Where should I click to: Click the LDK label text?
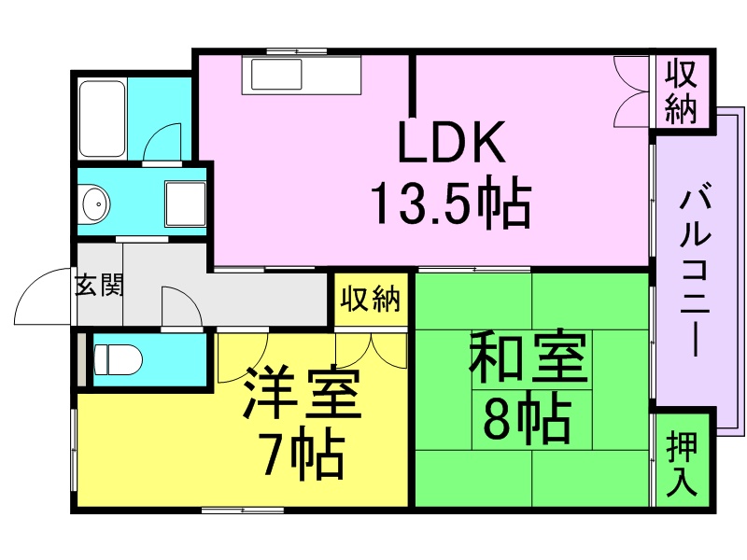[x=451, y=142]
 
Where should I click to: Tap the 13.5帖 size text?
[x=451, y=203]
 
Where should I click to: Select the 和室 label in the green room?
[x=529, y=357]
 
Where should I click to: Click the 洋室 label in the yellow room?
[x=302, y=392]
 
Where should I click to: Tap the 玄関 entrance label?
[x=99, y=286]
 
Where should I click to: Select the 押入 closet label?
[x=683, y=464]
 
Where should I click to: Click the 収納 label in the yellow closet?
[x=370, y=299]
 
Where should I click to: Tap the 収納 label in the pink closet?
[x=681, y=92]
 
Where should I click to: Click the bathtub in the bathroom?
[x=102, y=119]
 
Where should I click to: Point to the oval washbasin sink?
[x=96, y=204]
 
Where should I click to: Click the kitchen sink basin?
[x=276, y=74]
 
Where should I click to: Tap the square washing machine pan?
[x=185, y=203]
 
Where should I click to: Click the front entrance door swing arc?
[x=26, y=287]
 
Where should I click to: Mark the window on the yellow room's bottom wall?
[x=243, y=511]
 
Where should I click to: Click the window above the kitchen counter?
[x=296, y=51]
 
